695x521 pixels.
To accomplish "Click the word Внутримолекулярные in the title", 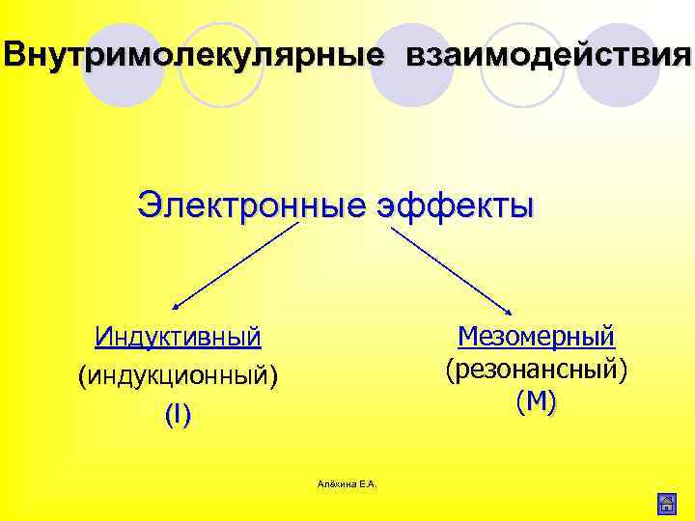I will tap(192, 55).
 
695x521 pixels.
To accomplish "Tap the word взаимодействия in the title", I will tap(549, 55).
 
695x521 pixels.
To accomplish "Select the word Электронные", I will tap(250, 205).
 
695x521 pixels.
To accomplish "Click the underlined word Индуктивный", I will tap(178, 337).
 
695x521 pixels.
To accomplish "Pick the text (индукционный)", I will tap(178, 375).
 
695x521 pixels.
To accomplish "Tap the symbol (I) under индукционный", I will tap(178, 415).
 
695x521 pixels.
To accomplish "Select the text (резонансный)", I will tap(537, 369).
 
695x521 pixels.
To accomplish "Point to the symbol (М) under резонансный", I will tap(537, 401).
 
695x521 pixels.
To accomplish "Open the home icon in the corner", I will tap(665, 503).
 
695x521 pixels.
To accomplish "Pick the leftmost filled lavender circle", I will tap(123, 64).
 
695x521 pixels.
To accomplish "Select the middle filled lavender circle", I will tap(412, 64).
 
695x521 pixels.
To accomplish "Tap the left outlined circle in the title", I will tap(223, 64).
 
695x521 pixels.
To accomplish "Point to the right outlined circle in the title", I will tap(522, 64).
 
